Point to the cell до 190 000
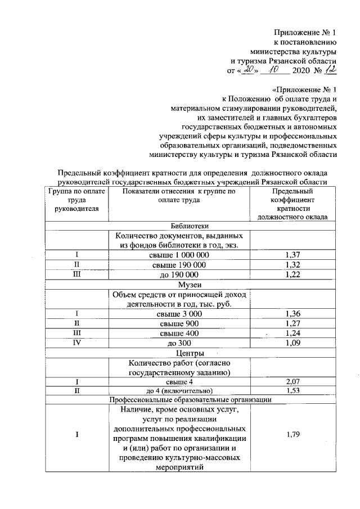click(x=178, y=274)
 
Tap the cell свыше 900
click(x=178, y=323)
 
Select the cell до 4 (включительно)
click(x=178, y=391)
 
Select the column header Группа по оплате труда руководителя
click(x=75, y=200)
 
